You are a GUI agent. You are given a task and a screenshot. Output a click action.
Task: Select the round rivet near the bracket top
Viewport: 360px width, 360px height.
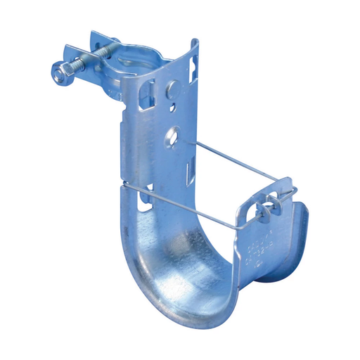172,90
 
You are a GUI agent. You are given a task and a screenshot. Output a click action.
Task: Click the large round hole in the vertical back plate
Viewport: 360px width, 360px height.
172,134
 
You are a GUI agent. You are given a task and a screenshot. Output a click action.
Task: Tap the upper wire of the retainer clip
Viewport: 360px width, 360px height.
232,163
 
